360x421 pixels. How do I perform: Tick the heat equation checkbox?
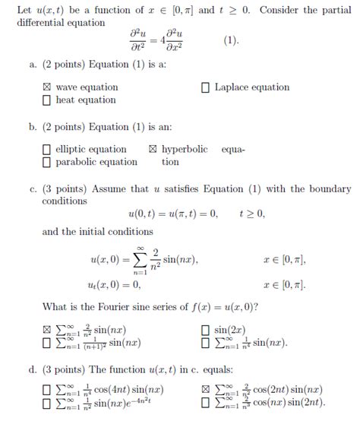47,100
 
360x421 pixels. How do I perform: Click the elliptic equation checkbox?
47,150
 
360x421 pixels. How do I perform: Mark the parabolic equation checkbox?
47,162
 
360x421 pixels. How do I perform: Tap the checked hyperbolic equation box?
153,150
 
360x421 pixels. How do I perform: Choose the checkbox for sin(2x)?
205,331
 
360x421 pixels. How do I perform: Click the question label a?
33,65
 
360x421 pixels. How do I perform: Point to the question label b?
33,127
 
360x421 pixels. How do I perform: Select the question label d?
33,370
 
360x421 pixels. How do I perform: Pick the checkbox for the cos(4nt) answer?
47,391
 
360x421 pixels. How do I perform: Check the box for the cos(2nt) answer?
205,391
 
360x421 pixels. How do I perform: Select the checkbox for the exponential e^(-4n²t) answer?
47,403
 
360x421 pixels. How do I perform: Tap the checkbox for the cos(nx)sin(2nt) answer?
205,403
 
